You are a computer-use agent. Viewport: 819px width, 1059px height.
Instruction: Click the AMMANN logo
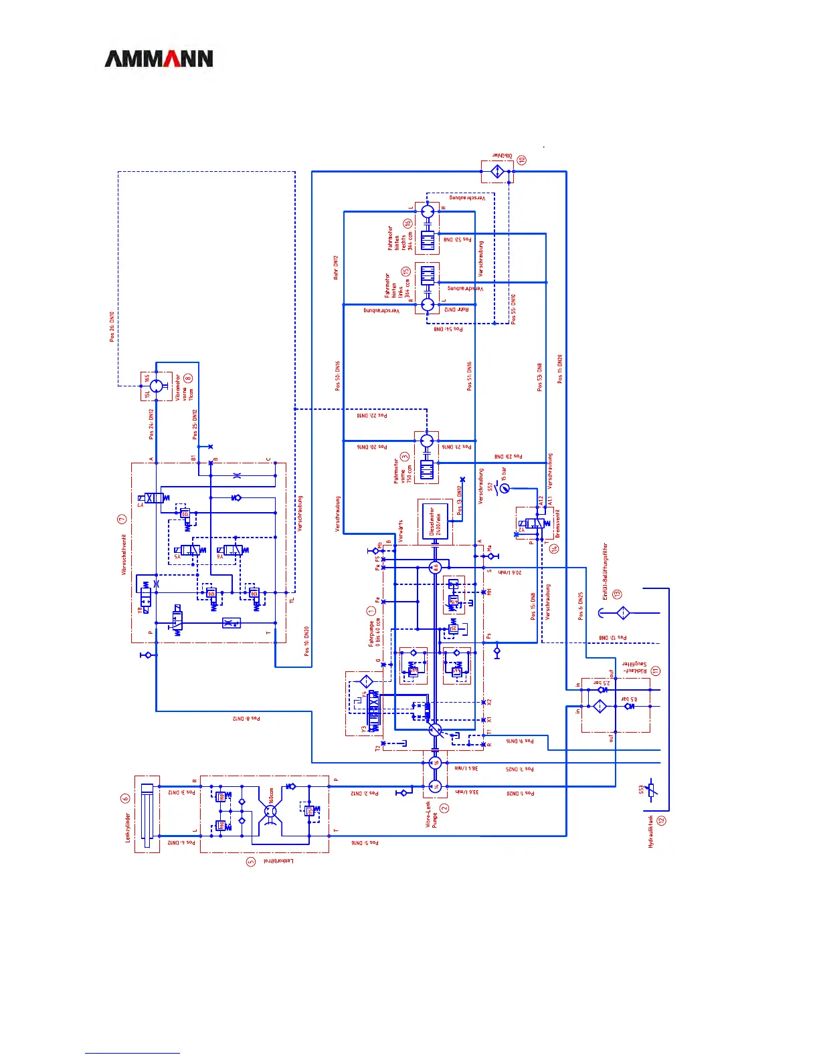coord(159,59)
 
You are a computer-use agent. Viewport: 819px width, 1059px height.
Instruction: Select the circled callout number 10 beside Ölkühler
coord(521,160)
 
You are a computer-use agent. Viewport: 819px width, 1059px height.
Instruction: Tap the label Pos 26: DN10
coord(112,326)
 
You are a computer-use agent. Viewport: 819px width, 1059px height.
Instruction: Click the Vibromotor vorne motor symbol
coord(156,386)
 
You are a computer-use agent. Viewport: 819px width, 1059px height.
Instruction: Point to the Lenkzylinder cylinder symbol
coord(147,814)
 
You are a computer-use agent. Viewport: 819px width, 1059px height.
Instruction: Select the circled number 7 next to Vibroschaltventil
coord(122,519)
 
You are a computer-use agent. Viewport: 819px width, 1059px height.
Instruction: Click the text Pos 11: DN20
coord(560,368)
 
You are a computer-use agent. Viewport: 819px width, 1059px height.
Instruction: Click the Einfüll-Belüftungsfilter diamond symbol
coord(622,612)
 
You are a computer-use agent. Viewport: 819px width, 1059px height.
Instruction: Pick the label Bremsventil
coord(557,523)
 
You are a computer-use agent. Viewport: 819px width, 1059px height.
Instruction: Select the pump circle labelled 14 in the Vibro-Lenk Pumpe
coord(435,786)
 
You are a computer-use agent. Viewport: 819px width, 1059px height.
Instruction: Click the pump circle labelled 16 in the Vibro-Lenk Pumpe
coord(435,763)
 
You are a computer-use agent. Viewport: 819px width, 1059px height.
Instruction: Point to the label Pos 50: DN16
coord(338,376)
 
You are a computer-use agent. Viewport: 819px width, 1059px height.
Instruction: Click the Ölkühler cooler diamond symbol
coord(497,172)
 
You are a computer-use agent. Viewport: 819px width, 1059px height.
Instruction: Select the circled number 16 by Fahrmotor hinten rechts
coord(407,224)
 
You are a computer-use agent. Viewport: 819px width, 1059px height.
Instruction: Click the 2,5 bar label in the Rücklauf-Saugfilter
coord(602,683)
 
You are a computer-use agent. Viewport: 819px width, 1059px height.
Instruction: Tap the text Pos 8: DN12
coord(246,719)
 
